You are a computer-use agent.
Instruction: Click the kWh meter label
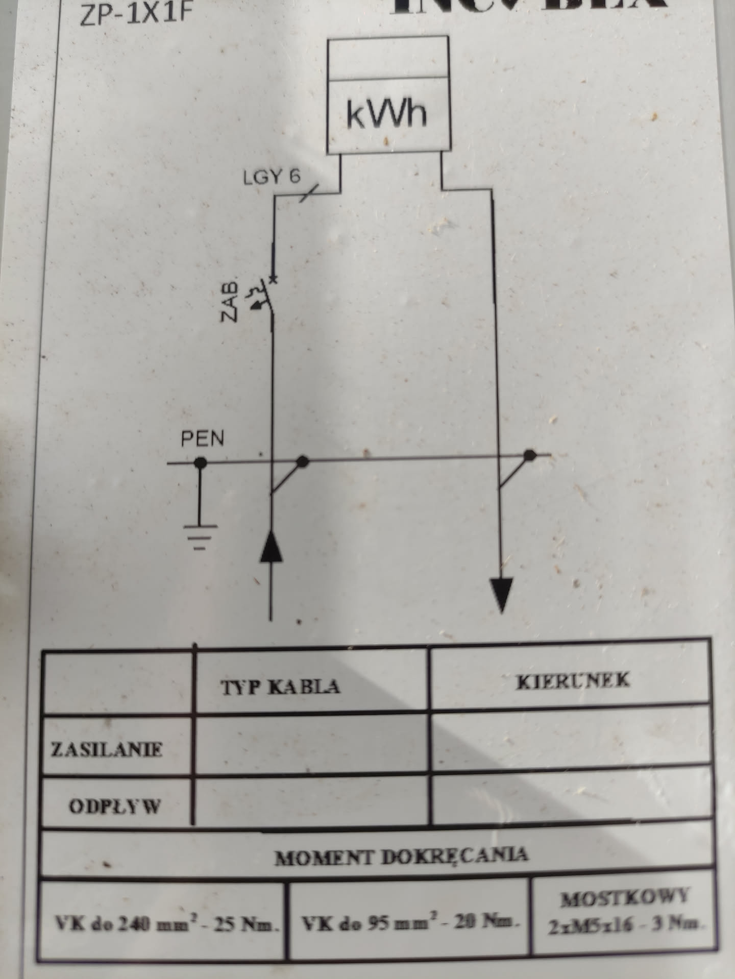(386, 113)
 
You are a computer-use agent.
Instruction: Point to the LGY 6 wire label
(272, 177)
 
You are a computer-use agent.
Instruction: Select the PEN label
(202, 438)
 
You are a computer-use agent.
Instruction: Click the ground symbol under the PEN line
(200, 536)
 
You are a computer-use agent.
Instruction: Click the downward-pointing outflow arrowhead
(502, 593)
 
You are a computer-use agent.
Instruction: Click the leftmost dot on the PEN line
(200, 463)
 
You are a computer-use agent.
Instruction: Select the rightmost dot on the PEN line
(530, 454)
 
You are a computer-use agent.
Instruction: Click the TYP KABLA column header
(280, 687)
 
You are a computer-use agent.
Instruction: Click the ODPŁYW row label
(114, 806)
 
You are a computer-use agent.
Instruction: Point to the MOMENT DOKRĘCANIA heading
(401, 855)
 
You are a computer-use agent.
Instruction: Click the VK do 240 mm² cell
(166, 923)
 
